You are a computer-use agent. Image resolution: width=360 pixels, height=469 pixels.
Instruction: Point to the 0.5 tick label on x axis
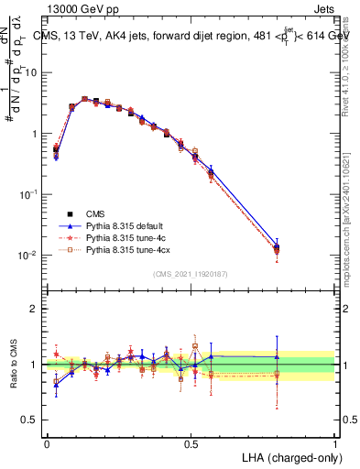(x=191, y=442)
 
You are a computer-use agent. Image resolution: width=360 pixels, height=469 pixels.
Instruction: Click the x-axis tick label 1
(x=334, y=442)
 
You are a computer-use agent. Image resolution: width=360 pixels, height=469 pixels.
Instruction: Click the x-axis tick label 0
(x=47, y=442)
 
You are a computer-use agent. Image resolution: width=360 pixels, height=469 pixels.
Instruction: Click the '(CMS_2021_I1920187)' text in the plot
(x=191, y=274)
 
